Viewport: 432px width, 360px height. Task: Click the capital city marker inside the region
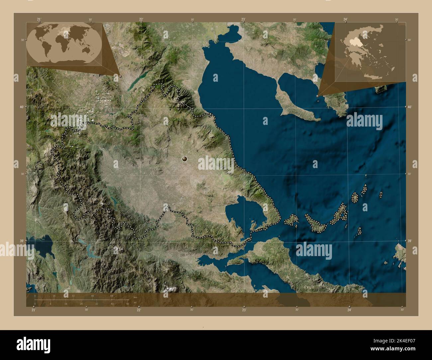coord(184,159)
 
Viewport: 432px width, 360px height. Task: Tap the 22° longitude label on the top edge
coord(141,20)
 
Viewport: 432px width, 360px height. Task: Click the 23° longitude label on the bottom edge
coord(244,310)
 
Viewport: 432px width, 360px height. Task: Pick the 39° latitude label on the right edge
coord(410,241)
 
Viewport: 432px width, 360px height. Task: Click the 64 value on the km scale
coord(112,296)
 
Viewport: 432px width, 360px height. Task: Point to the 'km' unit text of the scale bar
coord(135,297)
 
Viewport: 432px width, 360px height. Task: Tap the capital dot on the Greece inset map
coord(365,55)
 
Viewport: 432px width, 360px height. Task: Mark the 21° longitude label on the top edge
coord(39,20)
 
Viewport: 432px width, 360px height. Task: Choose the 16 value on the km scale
coord(54,296)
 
